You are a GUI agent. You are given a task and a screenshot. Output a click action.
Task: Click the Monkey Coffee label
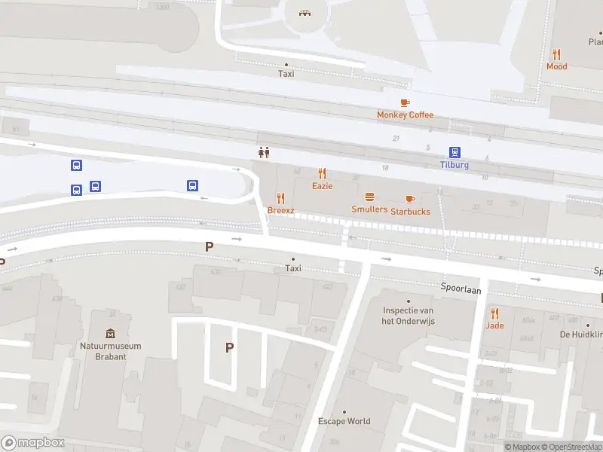(x=406, y=115)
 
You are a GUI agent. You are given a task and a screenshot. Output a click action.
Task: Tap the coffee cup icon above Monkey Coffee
(x=405, y=102)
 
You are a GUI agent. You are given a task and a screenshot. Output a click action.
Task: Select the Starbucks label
(x=410, y=212)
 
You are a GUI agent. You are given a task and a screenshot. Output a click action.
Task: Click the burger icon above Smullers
(x=369, y=197)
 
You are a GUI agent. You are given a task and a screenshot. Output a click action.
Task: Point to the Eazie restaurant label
(x=322, y=185)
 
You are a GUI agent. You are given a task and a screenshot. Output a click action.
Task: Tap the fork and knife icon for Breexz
(x=281, y=198)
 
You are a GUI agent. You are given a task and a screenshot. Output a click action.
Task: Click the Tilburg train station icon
(x=455, y=152)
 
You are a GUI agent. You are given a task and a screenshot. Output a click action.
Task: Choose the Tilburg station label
(x=455, y=165)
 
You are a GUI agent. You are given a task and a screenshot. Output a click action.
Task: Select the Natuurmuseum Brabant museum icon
(x=111, y=334)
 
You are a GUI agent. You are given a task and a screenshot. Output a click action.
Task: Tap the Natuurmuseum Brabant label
(x=111, y=351)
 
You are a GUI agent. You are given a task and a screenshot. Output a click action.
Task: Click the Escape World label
(x=344, y=421)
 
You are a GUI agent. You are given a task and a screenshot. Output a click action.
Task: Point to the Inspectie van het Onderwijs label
(x=409, y=316)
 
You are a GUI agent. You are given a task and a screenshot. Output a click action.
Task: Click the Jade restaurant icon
(x=494, y=313)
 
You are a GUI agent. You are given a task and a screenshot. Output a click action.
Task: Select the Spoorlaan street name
(x=461, y=289)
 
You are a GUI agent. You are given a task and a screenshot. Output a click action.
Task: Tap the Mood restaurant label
(x=556, y=66)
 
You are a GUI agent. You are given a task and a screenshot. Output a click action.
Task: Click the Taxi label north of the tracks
(x=286, y=74)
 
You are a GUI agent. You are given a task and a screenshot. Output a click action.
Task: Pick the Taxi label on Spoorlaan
(x=293, y=268)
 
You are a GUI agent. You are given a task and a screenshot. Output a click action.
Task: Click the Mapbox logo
(x=33, y=443)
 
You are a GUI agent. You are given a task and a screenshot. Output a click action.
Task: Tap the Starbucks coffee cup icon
(x=410, y=199)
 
